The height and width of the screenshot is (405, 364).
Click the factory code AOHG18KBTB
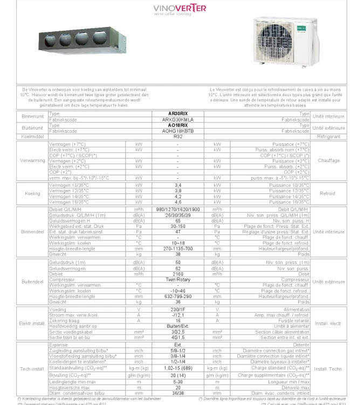177,131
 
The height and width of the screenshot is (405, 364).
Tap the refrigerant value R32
177,137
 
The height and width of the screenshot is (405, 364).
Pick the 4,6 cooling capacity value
177,201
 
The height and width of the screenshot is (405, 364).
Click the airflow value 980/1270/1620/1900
177,210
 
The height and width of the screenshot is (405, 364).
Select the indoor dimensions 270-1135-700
177,248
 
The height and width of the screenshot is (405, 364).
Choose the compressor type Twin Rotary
177,280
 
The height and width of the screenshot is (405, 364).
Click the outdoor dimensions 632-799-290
177,296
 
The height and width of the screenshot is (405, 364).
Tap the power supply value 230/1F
177,310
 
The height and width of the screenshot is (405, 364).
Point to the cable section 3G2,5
177,332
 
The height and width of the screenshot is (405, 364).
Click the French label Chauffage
328,160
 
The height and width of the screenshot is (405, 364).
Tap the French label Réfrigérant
328,137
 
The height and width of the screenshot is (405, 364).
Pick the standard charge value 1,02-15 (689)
177,367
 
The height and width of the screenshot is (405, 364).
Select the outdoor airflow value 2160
177,274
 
